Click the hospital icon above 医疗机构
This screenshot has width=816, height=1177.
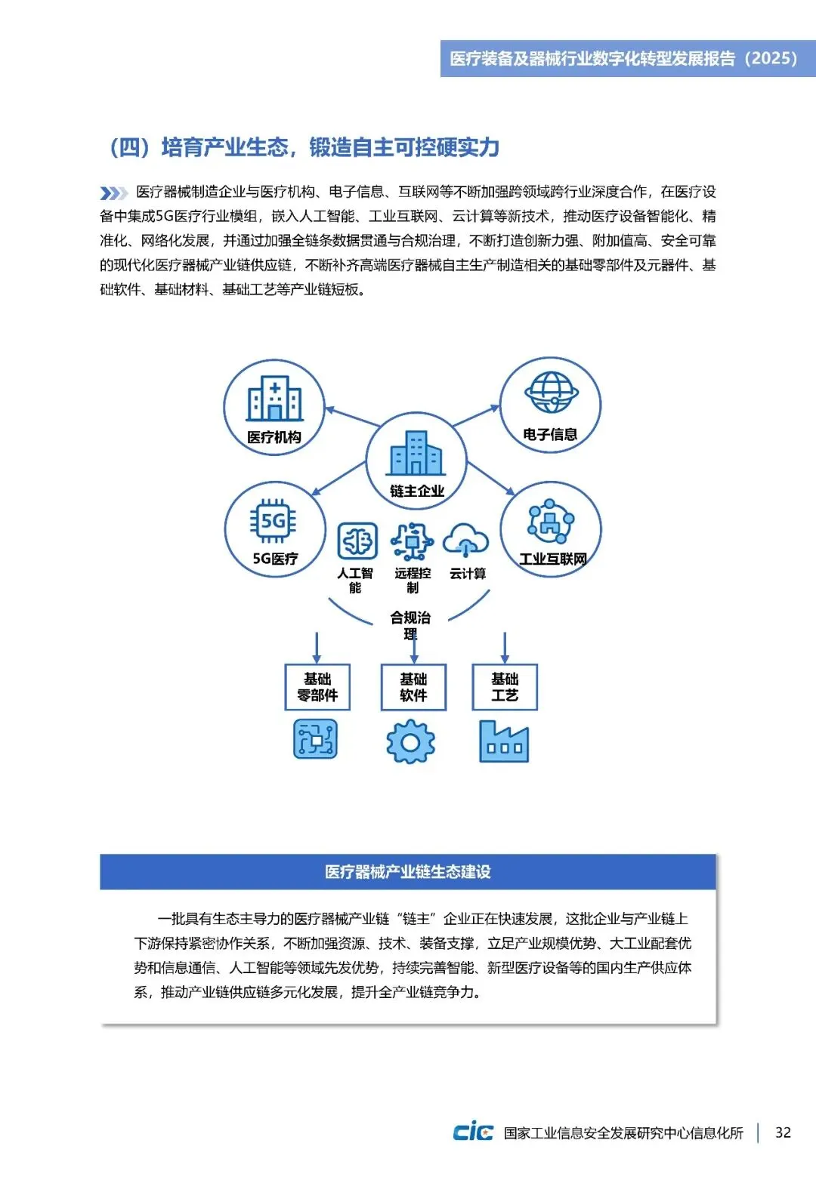274,399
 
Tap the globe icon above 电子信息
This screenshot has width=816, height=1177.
551,393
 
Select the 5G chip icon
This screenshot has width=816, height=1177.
273,520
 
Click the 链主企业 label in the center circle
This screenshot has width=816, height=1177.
416,491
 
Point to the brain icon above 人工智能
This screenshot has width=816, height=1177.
357,541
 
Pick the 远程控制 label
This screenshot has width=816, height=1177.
413,580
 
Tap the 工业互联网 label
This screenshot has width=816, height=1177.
552,559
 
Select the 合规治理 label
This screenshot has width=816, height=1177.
410,625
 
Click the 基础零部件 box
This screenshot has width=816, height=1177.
317,687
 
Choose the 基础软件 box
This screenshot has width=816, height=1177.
413,687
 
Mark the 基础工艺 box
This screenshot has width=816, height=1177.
505,687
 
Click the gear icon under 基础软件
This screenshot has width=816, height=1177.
410,742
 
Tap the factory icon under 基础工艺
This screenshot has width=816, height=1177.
504,741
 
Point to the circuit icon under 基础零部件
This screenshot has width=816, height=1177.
315,739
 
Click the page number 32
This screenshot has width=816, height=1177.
783,1132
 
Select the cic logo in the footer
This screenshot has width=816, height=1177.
473,1132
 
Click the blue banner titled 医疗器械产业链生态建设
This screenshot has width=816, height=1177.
408,872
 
